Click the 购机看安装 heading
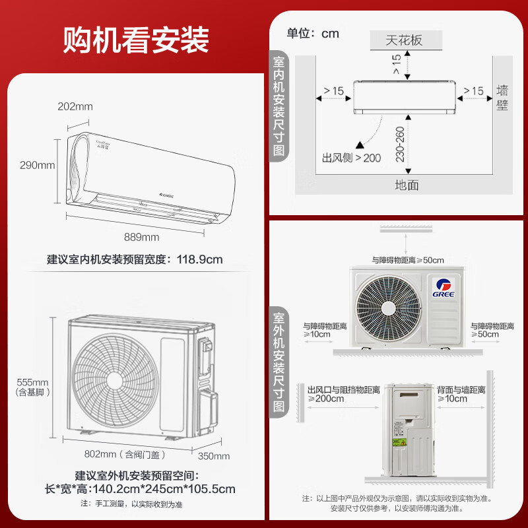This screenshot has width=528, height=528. (136, 40)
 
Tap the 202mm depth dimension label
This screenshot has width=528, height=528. (75, 106)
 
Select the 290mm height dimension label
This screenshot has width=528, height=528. (37, 165)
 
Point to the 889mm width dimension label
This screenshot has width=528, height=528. (142, 237)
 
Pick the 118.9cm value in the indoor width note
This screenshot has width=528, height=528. (199, 259)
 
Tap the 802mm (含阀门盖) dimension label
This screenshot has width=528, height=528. (125, 454)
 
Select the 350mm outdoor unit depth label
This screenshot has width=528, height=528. (213, 455)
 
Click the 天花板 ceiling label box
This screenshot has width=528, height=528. (404, 40)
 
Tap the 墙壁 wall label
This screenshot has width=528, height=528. (502, 97)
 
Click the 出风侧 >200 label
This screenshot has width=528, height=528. (352, 158)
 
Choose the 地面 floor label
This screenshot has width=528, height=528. (407, 185)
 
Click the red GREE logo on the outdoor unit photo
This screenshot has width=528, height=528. (442, 286)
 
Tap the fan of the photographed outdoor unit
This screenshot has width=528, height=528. (384, 303)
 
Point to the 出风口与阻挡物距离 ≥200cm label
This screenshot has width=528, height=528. (343, 394)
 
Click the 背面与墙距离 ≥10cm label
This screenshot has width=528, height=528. (461, 394)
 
